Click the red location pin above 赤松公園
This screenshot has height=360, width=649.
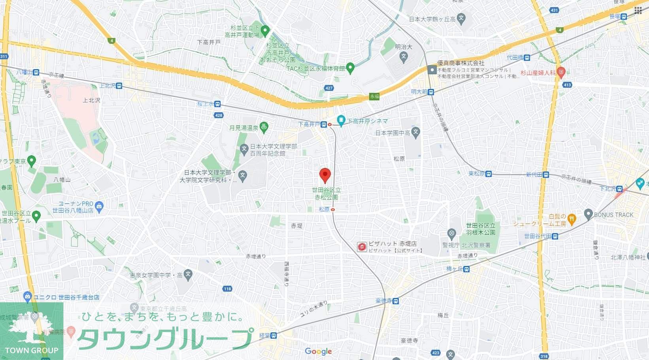tap(325, 175)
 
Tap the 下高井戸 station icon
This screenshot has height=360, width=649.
tap(324, 124)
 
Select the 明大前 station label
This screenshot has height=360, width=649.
tap(419, 92)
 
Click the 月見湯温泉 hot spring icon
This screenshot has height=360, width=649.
tap(264, 127)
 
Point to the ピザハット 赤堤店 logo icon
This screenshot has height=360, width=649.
tap(362, 247)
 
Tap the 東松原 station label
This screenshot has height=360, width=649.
tap(476, 173)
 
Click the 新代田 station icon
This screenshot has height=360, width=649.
tap(546, 175)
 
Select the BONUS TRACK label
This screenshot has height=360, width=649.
tap(613, 215)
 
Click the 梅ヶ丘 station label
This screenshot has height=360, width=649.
tap(455, 269)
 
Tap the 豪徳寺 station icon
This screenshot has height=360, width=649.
tap(396, 301)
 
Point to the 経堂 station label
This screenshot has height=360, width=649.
tap(264, 335)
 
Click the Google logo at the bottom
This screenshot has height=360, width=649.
tap(318, 351)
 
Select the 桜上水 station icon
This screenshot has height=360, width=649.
tap(217, 104)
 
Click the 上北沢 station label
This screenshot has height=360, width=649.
tap(108, 85)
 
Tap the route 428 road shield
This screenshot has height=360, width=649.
tap(219, 115)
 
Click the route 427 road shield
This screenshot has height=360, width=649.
tap(329, 88)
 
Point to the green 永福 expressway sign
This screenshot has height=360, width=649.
tap(374, 96)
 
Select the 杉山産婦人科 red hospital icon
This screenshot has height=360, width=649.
tap(560, 72)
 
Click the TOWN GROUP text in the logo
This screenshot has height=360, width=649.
tap(32, 350)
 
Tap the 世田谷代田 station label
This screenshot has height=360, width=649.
tap(538, 236)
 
